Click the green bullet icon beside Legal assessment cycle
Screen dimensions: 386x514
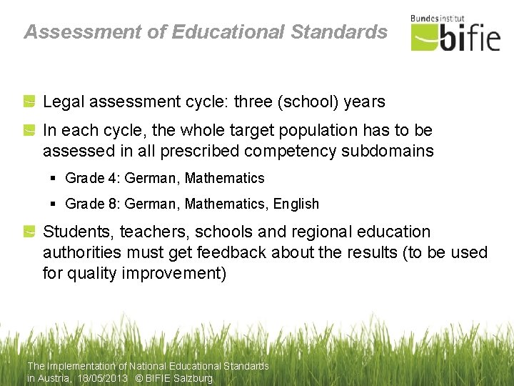click(29, 102)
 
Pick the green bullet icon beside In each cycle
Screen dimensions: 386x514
click(29, 131)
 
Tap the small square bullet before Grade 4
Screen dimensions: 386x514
click(54, 179)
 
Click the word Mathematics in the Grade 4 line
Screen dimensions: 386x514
click(224, 178)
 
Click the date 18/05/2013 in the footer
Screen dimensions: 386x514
click(102, 378)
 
